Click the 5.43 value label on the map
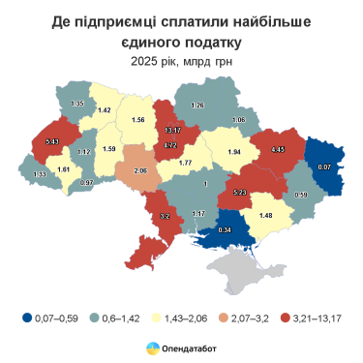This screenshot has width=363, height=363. tap(52, 142)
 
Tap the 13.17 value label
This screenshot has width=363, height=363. tap(173, 131)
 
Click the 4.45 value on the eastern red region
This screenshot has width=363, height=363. tap(278, 150)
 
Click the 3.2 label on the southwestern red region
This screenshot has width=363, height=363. tap(164, 216)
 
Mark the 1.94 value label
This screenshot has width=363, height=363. tap(234, 153)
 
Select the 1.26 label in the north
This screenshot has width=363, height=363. tap(197, 105)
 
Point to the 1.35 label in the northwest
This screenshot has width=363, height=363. tap(78, 103)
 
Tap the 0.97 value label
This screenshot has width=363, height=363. tap(87, 183)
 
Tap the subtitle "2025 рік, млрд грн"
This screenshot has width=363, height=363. tap(181, 60)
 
